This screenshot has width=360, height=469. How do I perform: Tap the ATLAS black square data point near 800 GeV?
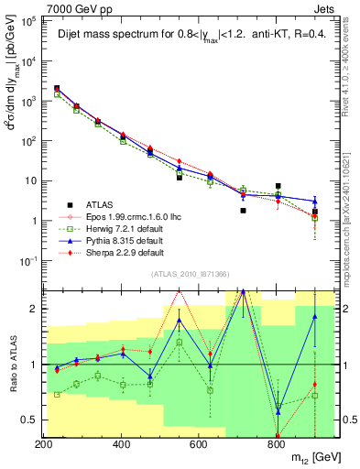pos(278,186)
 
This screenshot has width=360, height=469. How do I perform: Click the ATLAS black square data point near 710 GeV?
pos(243,211)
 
